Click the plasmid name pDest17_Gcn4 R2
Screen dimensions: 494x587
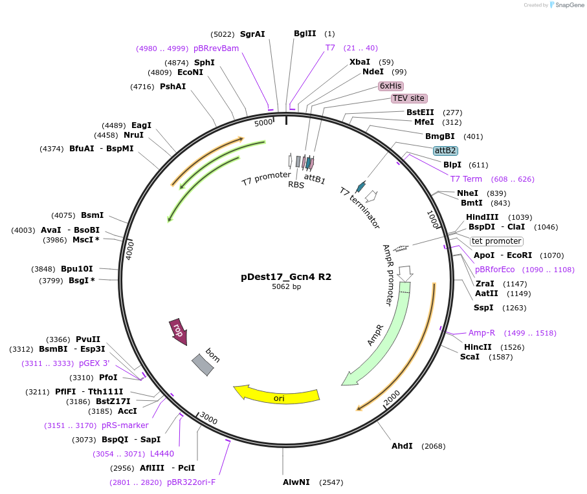(x=286, y=276)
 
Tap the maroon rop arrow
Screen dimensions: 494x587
(x=178, y=330)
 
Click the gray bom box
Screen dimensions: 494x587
(x=203, y=364)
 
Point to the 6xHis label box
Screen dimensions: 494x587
(x=391, y=85)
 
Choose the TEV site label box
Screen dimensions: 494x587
(x=409, y=98)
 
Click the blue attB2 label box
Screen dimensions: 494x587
(x=445, y=151)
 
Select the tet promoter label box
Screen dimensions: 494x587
(x=496, y=241)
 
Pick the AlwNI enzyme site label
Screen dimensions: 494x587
(x=296, y=482)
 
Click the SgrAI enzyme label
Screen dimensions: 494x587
(x=252, y=34)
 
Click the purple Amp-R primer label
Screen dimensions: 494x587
(x=482, y=333)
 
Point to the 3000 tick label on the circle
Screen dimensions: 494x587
(x=208, y=418)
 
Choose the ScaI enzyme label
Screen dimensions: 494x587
(x=470, y=357)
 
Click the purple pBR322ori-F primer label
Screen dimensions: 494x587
(x=191, y=482)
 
